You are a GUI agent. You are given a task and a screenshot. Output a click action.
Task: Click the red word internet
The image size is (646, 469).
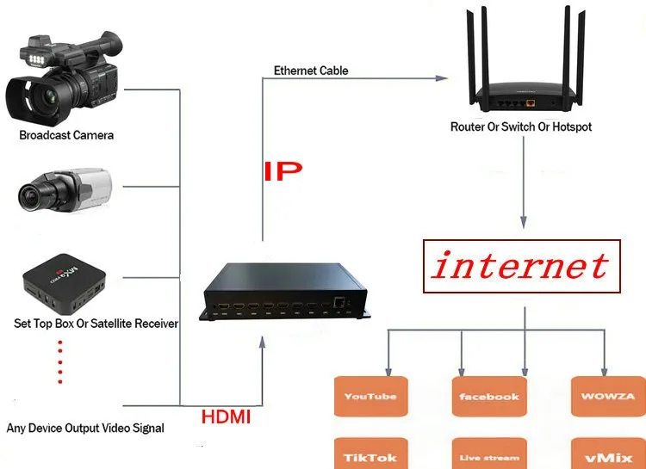520,265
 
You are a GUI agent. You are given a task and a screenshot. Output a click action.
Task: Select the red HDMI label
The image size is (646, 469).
226,417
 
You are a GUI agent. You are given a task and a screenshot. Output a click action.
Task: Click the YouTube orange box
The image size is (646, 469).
370,397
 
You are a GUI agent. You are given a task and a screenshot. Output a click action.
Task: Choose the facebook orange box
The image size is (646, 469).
489,397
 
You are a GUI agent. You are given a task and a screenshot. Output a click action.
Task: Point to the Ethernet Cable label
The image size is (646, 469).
311,71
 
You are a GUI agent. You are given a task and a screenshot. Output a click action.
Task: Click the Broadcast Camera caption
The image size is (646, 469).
66,135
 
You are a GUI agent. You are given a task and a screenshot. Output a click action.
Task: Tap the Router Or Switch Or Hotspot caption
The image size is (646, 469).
521,127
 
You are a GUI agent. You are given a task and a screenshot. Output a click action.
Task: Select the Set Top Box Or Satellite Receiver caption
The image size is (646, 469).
96,324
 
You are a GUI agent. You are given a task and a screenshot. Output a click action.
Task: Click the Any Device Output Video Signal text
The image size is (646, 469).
85,428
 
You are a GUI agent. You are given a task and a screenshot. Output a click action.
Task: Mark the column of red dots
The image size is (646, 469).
60,362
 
